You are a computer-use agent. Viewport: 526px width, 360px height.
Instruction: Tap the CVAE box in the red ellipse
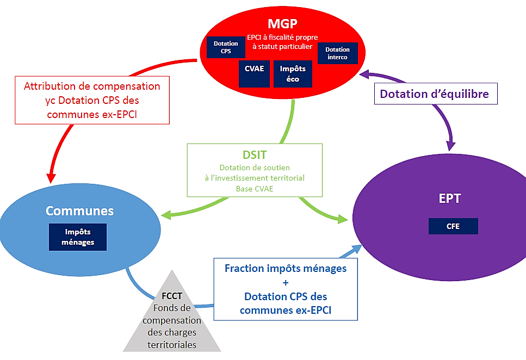254,73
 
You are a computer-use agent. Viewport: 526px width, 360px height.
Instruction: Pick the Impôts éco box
293,74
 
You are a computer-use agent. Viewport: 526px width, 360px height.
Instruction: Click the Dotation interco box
337,53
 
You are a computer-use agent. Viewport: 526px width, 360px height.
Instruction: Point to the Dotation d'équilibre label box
434,94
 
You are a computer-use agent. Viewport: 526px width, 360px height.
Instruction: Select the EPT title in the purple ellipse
450,198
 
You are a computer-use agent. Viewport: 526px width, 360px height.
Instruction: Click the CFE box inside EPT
453,226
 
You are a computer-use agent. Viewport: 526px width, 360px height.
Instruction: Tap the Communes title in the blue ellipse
79,210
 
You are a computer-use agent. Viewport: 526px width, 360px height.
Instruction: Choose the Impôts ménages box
78,237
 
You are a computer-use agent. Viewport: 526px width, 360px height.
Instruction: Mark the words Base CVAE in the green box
255,189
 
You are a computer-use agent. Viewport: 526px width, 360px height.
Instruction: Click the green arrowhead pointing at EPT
342,219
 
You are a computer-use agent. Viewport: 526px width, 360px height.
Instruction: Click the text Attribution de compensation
91,86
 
